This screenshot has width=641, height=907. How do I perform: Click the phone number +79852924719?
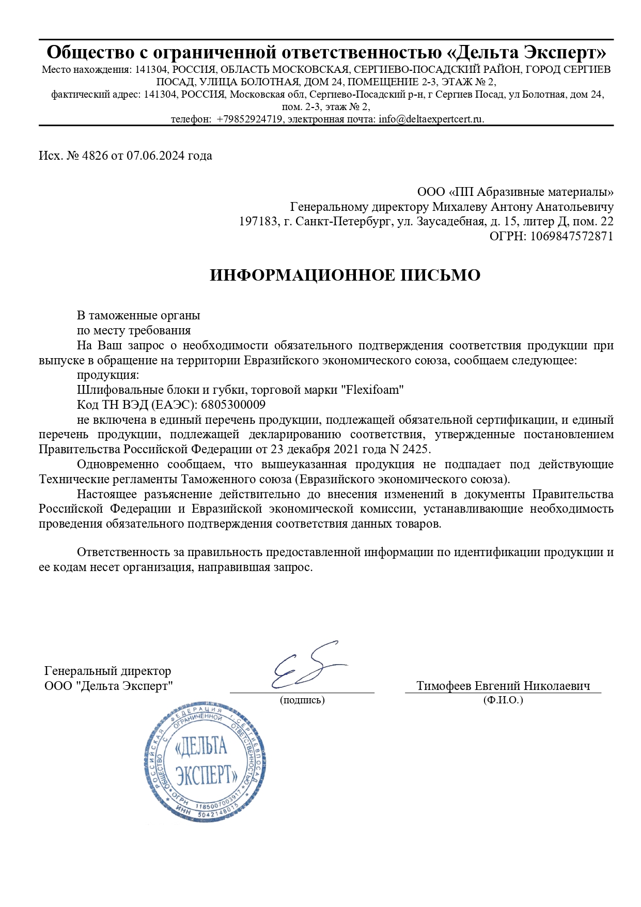pyautogui.click(x=249, y=119)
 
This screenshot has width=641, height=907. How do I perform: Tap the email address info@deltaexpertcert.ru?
pyautogui.click(x=431, y=119)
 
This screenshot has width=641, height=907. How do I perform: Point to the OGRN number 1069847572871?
pyautogui.click(x=572, y=237)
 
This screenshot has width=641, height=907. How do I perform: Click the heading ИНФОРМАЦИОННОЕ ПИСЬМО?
pyautogui.click(x=345, y=275)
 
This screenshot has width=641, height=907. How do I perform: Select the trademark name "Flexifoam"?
pyautogui.click(x=372, y=390)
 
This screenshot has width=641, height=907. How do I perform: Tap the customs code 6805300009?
pyautogui.click(x=233, y=405)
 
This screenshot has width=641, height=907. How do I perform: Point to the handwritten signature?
pyautogui.click(x=305, y=667)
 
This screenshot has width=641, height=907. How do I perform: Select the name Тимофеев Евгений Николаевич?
pyautogui.click(x=503, y=686)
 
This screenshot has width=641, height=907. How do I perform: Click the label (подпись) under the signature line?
pyautogui.click(x=302, y=700)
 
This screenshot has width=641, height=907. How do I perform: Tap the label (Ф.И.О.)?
pyautogui.click(x=503, y=700)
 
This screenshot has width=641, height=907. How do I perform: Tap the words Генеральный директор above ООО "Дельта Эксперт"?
pyautogui.click(x=107, y=671)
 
